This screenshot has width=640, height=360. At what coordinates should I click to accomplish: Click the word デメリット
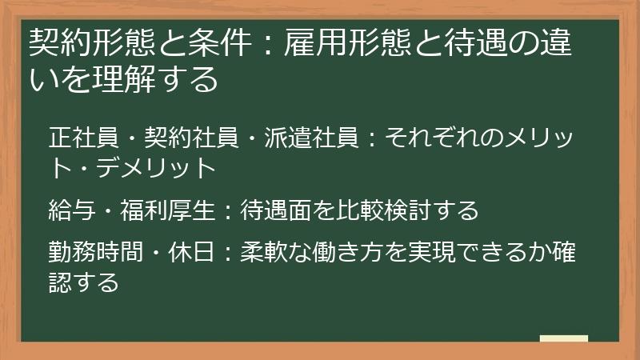tap(165, 170)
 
